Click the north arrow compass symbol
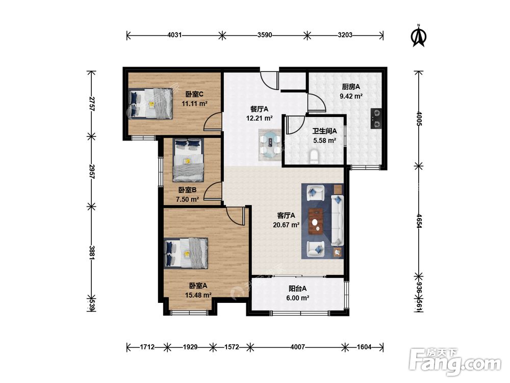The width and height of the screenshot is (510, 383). tap(419, 36)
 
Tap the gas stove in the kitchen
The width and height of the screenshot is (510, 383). tap(376, 118)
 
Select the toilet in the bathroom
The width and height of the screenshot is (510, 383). tap(314, 157)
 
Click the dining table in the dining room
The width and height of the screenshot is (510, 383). tap(270, 145)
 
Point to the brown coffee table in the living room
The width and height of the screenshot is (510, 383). tap(315, 222)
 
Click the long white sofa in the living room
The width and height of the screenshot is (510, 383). tap(337, 220)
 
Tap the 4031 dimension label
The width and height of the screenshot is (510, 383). tap(174, 35)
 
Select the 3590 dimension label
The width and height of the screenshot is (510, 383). tap(265, 35)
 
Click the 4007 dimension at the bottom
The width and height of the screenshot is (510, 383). tap(298, 347)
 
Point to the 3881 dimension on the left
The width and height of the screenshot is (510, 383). tap(92, 252)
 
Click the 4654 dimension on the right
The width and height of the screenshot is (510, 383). tap(419, 221)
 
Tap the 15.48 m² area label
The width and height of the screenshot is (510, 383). tap(198, 295)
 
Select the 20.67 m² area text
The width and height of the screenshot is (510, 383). tap(286, 225)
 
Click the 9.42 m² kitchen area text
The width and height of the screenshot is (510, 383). tap(351, 96)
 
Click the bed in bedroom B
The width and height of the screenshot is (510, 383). tap(188, 160)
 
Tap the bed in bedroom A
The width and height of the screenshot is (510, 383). tap(186, 253)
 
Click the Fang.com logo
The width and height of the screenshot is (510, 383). tap(455, 362)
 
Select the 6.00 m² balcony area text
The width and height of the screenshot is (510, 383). tap(298, 298)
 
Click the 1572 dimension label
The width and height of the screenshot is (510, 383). tap(232, 347)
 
